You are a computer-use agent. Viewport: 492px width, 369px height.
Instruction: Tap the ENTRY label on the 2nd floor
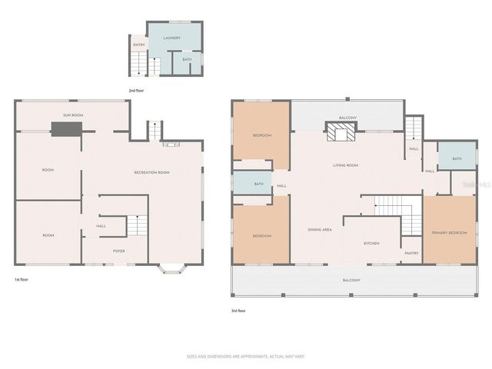[x=139, y=45]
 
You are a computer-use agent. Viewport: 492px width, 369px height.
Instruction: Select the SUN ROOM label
[x=73, y=115]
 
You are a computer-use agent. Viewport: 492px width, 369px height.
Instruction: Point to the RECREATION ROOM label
[x=151, y=172]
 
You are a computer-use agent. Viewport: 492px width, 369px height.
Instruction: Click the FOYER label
[x=119, y=251]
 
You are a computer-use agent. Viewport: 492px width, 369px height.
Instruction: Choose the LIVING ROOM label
[x=346, y=165]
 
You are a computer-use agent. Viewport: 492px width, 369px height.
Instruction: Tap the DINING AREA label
[x=320, y=230]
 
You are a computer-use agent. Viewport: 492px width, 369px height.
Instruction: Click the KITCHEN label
[x=371, y=244]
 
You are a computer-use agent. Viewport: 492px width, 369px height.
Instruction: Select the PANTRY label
[x=411, y=253]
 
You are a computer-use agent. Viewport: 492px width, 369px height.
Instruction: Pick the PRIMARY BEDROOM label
[x=449, y=232]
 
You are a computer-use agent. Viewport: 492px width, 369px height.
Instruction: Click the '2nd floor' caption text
[x=136, y=91]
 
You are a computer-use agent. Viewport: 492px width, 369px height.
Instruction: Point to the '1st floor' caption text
[x=22, y=279]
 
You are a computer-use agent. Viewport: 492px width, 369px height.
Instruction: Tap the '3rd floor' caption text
[x=239, y=311]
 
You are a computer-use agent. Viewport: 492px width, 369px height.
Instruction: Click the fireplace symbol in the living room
[x=339, y=135]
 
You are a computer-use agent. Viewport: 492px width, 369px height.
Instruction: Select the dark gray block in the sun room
[x=61, y=128]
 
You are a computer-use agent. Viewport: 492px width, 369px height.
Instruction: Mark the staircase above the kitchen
[x=394, y=206]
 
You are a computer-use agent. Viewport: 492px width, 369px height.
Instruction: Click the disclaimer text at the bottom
[x=245, y=357]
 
